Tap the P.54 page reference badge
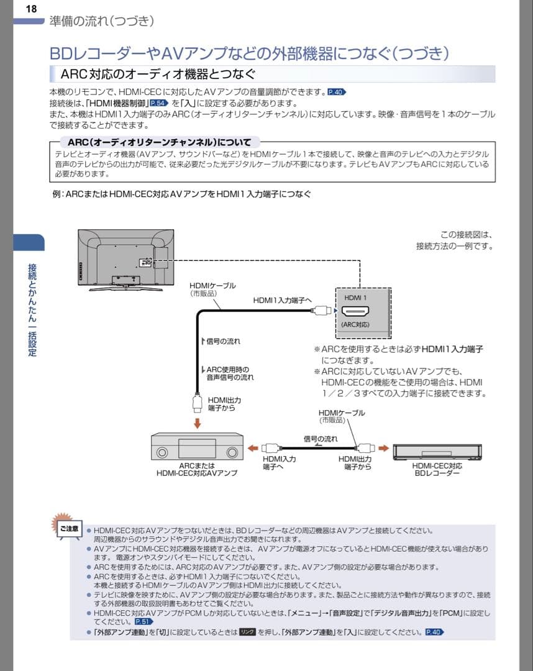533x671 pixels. coord(159,103)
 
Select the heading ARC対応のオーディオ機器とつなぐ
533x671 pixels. coord(158,75)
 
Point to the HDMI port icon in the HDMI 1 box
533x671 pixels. coord(355,313)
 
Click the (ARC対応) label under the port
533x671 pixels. coord(355,324)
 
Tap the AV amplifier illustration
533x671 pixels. coord(197,447)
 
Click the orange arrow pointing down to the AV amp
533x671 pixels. coord(197,423)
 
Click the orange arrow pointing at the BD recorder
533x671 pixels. coord(383,447)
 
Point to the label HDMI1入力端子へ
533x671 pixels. coord(282,300)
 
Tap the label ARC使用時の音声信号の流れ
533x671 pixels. coord(229,373)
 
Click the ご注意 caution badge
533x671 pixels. coord(68,529)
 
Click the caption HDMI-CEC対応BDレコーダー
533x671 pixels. coord(437,469)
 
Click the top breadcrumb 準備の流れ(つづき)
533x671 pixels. coord(101,21)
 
